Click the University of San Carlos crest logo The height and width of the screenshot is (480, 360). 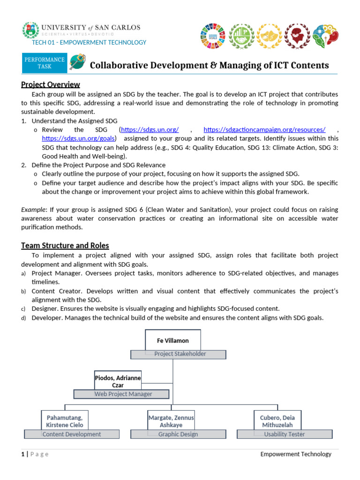pyautogui.click(x=30, y=30)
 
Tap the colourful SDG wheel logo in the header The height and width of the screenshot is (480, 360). pyautogui.click(x=213, y=34)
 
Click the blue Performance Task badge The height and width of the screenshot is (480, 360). pyautogui.click(x=45, y=63)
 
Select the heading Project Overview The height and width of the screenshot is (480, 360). pyautogui.click(x=51, y=84)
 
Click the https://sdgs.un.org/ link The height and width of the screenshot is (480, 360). pyautogui.click(x=150, y=129)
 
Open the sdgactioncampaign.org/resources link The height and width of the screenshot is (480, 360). pyautogui.click(x=264, y=129)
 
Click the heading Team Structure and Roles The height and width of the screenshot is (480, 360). pyautogui.click(x=65, y=245)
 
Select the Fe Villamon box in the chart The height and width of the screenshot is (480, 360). pyautogui.click(x=172, y=340)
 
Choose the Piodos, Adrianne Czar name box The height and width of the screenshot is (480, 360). pyautogui.click(x=118, y=382)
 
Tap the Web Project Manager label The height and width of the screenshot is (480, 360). pyautogui.click(x=123, y=394)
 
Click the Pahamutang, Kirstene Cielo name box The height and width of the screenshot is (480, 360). pyautogui.click(x=65, y=420)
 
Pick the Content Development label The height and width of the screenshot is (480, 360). pyautogui.click(x=71, y=434)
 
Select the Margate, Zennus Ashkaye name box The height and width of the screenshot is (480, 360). pyautogui.click(x=171, y=420)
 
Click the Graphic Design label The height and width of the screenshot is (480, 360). pyautogui.click(x=178, y=434)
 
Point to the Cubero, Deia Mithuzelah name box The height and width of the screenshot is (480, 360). pyautogui.click(x=278, y=420)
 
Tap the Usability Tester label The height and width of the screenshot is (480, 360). pyautogui.click(x=285, y=434)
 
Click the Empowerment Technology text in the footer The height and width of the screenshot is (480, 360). pyautogui.click(x=296, y=454)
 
